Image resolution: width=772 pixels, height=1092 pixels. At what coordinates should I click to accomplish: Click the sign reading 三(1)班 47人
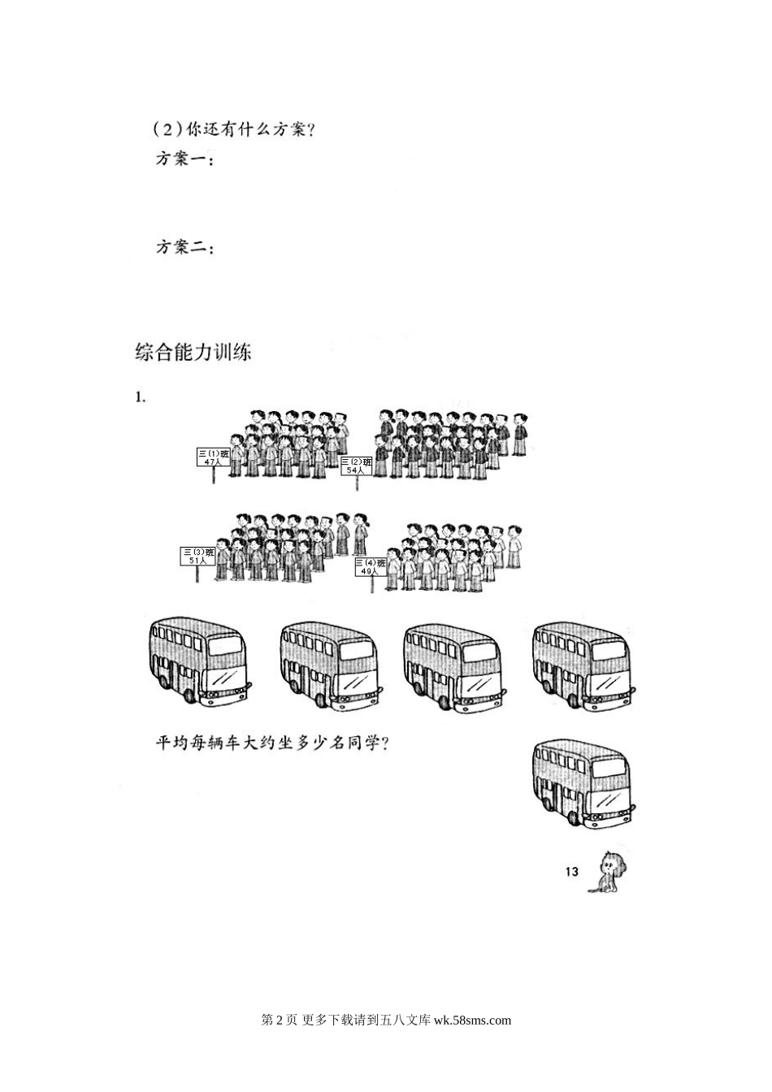click(x=214, y=457)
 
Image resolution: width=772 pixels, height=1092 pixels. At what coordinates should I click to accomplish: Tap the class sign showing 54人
click(x=356, y=466)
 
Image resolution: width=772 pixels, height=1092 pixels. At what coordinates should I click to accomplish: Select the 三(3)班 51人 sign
click(x=196, y=556)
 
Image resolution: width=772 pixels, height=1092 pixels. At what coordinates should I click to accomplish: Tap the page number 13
click(x=570, y=872)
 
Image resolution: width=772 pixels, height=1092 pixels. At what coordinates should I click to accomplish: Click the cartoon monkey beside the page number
click(x=607, y=872)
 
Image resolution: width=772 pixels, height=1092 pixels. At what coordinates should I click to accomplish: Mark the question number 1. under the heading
click(x=140, y=397)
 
